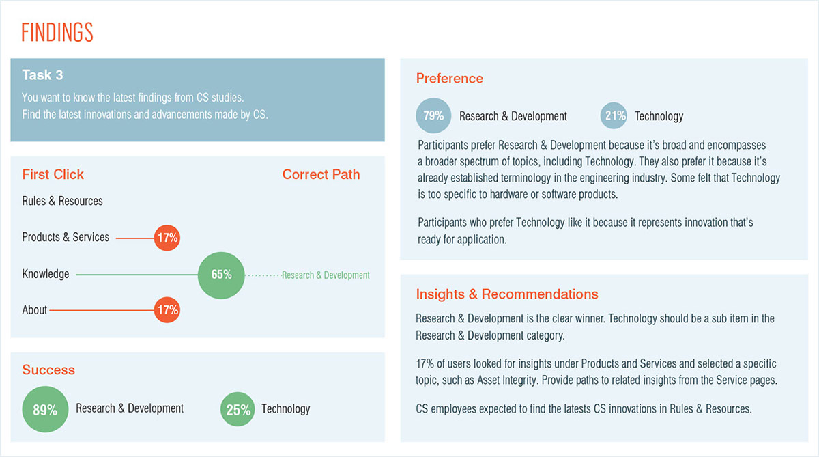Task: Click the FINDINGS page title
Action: click(57, 32)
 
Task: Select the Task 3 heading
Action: click(42, 75)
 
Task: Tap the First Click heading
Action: click(53, 174)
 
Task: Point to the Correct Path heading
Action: click(321, 174)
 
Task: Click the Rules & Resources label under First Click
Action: click(62, 201)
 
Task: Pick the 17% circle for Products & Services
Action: click(167, 238)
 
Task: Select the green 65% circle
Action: click(221, 275)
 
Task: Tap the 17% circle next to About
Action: click(167, 310)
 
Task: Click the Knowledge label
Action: click(45, 274)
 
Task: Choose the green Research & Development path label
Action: click(326, 275)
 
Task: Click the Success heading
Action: click(48, 370)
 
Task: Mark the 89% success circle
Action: click(45, 409)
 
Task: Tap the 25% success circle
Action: click(238, 409)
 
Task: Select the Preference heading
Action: click(449, 79)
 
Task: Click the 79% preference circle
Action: click(433, 115)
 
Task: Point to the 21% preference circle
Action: click(614, 115)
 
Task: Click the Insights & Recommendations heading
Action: click(506, 294)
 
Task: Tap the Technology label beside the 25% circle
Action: click(285, 408)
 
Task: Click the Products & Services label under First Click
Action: click(66, 237)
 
